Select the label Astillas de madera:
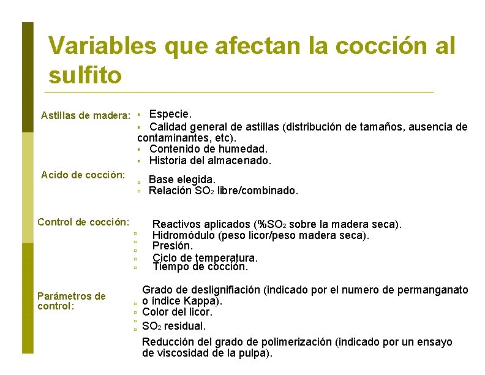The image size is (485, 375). pyautogui.click(x=85, y=115)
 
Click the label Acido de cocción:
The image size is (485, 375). pyautogui.click(x=83, y=175)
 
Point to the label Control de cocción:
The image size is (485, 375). pyautogui.click(x=83, y=222)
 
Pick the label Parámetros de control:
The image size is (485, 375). pyautogui.click(x=72, y=301)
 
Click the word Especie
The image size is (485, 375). pyautogui.click(x=170, y=114)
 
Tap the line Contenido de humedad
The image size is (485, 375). pyautogui.click(x=208, y=149)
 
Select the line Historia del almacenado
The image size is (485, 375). pyautogui.click(x=209, y=161)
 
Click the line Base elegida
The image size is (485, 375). pyautogui.click(x=182, y=180)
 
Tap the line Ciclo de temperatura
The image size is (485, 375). pyautogui.click(x=205, y=258)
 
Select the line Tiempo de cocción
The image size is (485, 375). pyautogui.click(x=200, y=267)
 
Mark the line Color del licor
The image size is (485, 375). pyautogui.click(x=177, y=312)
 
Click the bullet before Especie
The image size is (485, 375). pyautogui.click(x=140, y=115)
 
